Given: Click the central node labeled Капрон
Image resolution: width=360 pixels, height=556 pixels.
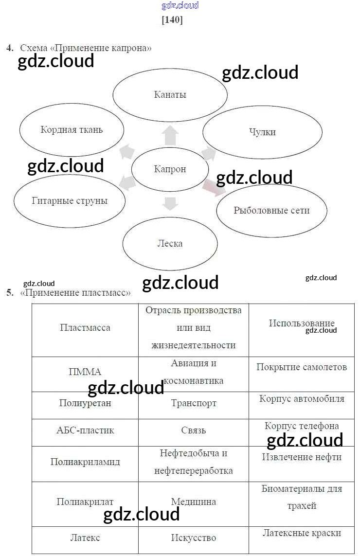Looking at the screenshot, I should (x=170, y=169).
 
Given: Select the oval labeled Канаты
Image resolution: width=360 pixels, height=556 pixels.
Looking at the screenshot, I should (x=170, y=95).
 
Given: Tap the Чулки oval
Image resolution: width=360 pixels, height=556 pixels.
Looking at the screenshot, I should (x=262, y=132).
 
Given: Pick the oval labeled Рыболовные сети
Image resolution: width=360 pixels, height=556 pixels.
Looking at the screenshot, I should (x=271, y=211).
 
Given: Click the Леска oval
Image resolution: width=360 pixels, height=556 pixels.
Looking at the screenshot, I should (x=170, y=243).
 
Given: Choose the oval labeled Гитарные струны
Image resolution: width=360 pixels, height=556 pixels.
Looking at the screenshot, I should (x=70, y=201).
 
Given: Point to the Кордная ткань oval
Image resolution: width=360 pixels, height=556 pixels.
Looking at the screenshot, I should (x=72, y=130).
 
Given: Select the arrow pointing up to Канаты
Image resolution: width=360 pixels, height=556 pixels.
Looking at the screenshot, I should (x=170, y=135).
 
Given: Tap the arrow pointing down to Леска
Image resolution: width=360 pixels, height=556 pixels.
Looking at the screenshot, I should (x=170, y=203).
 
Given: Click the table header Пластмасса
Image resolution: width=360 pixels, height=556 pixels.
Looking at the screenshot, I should (x=85, y=328).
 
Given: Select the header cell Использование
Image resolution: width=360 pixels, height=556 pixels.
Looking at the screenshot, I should (x=302, y=323).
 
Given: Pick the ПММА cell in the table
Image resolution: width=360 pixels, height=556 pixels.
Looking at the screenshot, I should (x=85, y=372).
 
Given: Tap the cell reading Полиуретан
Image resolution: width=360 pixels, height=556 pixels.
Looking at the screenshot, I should (x=85, y=403).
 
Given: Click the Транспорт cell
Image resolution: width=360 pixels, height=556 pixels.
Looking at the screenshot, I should (x=194, y=403).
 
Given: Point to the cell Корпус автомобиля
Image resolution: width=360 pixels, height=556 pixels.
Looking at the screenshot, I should (x=302, y=399).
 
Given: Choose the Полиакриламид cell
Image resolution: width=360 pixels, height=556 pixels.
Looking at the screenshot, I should (x=85, y=462).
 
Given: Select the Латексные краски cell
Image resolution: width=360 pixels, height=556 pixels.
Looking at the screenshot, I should (x=302, y=533).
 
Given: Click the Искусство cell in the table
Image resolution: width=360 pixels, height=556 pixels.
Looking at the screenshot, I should (x=194, y=538).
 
